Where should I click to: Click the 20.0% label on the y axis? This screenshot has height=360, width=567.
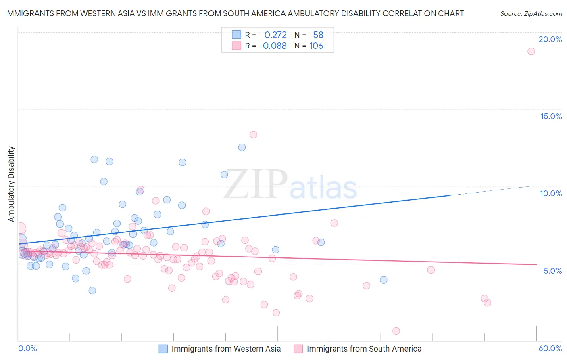click(550, 39)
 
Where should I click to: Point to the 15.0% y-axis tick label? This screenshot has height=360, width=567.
click(551, 116)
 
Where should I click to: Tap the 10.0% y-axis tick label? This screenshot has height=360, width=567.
click(551, 193)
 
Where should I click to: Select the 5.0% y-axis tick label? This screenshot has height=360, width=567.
click(552, 271)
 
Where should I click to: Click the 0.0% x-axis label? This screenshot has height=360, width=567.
click(27, 348)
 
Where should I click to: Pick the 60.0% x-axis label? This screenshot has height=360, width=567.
click(550, 348)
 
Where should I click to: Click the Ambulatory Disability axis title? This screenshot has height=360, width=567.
click(11, 184)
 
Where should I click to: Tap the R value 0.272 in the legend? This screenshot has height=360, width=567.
click(275, 35)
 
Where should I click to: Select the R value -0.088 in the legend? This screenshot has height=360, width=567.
click(273, 46)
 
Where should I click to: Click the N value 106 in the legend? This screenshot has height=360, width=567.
click(316, 46)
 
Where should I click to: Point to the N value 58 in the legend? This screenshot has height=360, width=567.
click(318, 35)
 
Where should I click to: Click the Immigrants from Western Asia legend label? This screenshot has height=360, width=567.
click(226, 349)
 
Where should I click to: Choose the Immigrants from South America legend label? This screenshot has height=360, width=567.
click(364, 349)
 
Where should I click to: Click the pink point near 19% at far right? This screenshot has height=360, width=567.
click(531, 51)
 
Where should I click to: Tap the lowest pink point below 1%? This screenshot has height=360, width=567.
click(396, 331)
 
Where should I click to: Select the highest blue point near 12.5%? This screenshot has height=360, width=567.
click(242, 147)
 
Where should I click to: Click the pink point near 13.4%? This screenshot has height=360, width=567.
click(253, 135)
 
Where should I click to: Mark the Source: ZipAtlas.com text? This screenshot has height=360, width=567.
click(531, 14)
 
